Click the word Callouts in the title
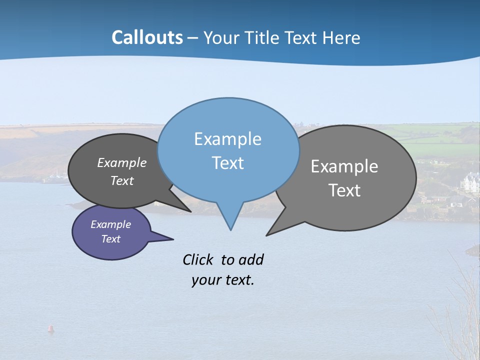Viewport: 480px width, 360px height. pyautogui.click(x=147, y=37)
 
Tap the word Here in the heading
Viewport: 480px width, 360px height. pyautogui.click(x=341, y=38)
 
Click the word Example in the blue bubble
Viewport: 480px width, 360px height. pyautogui.click(x=227, y=139)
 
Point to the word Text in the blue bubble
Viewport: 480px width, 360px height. pyautogui.click(x=227, y=163)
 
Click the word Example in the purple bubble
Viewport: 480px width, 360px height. pyautogui.click(x=110, y=224)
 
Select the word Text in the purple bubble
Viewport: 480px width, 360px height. pyautogui.click(x=110, y=239)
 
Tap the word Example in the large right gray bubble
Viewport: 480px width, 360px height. pyautogui.click(x=344, y=166)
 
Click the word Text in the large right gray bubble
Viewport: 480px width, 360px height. pyautogui.click(x=344, y=190)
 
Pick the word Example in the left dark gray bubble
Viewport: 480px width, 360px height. pyautogui.click(x=121, y=163)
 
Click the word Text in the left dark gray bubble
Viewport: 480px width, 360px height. pyautogui.click(x=121, y=180)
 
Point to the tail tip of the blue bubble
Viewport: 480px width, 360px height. pyautogui.click(x=230, y=229)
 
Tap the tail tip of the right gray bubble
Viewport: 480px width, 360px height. pyautogui.click(x=268, y=234)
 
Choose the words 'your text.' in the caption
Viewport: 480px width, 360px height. pyautogui.click(x=222, y=280)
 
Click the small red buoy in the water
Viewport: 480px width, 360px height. pyautogui.click(x=50, y=328)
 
